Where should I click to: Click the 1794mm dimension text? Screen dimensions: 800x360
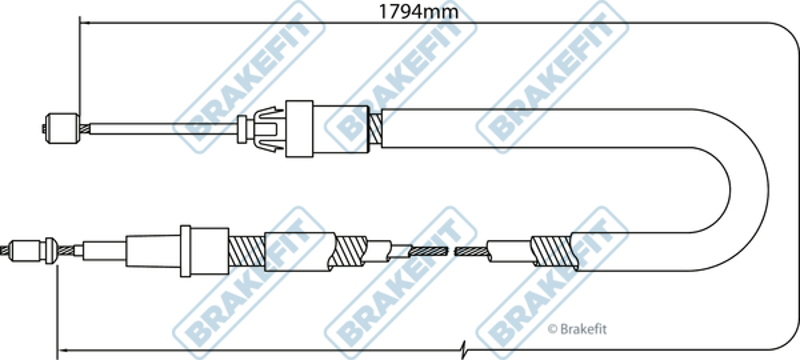[x=418, y=11]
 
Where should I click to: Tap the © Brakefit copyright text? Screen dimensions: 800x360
[x=577, y=329]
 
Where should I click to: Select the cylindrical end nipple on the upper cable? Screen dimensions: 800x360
[x=62, y=128]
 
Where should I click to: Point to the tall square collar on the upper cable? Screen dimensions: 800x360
[x=299, y=128]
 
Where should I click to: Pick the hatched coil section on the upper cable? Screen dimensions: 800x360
[x=375, y=128]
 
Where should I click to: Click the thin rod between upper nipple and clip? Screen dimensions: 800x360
[x=163, y=128]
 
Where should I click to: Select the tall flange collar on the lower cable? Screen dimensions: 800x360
[x=186, y=251]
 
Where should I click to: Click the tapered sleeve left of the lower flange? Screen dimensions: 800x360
[x=153, y=251]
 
